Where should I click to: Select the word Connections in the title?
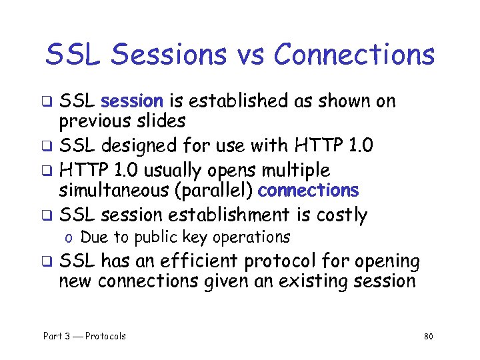[353, 55]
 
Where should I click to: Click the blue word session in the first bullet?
[131, 101]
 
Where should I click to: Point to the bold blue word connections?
[308, 191]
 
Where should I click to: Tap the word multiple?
[295, 169]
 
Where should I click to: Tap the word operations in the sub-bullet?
[252, 237]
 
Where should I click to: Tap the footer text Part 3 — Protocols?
[84, 336]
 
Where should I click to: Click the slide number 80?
[428, 337]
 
